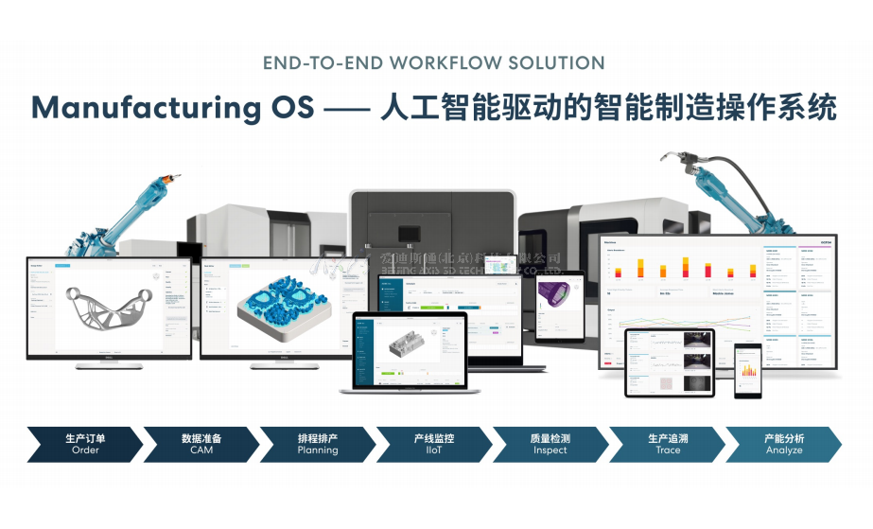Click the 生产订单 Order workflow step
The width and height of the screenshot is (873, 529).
[x=85, y=444]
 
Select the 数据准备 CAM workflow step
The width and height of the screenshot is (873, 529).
[x=201, y=444]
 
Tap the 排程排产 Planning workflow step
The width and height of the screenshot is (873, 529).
[x=318, y=444]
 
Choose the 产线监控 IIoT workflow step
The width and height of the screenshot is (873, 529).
[x=434, y=444]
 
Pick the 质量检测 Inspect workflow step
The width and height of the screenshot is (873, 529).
[x=550, y=444]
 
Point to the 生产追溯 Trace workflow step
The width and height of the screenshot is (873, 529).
[x=667, y=444]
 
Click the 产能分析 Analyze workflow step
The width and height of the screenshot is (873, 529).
[x=783, y=444]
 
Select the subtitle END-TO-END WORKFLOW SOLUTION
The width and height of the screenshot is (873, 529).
[x=436, y=63]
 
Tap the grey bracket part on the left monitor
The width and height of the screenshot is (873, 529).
[x=108, y=306]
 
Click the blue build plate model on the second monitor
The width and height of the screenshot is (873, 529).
[x=282, y=306]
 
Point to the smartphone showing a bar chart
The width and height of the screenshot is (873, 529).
[x=748, y=371]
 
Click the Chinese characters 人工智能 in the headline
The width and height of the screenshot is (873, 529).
[x=430, y=108]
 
